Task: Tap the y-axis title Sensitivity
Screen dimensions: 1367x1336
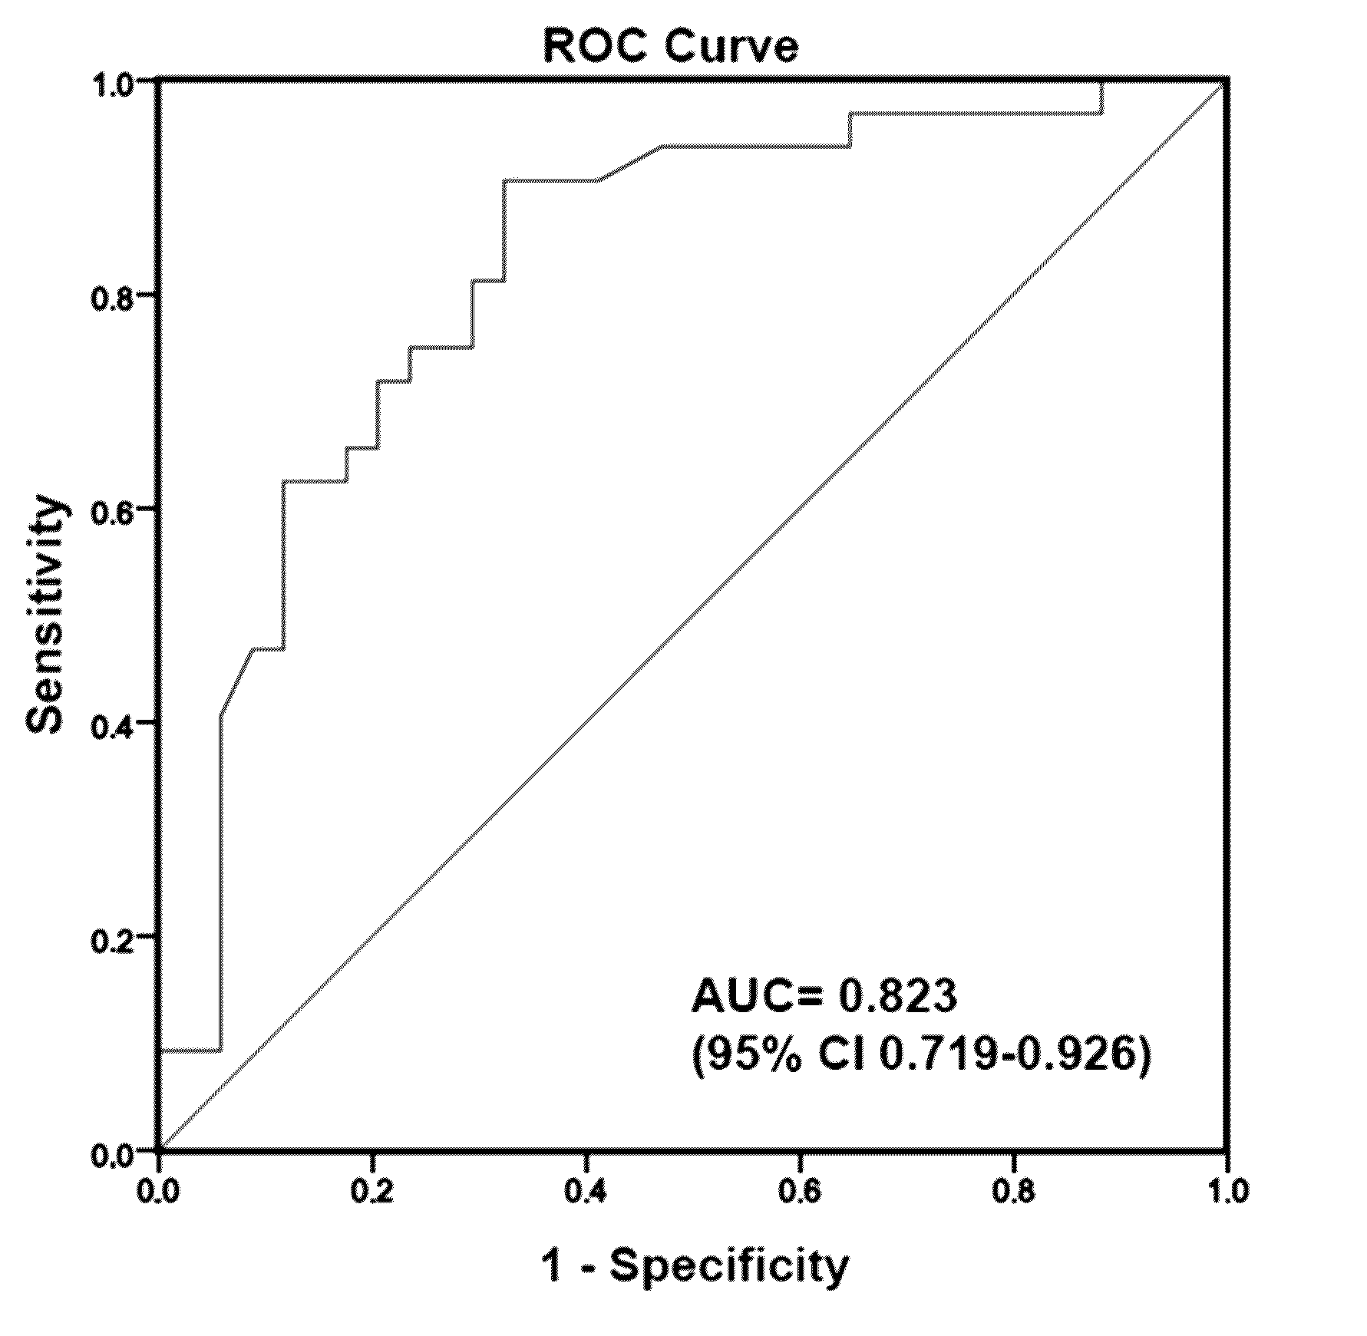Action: pyautogui.click(x=45, y=615)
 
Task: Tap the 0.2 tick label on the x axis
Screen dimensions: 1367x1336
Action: pyautogui.click(x=372, y=1191)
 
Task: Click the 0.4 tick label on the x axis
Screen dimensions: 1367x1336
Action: pyautogui.click(x=586, y=1191)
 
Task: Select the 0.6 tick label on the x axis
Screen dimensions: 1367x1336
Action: pyautogui.click(x=800, y=1191)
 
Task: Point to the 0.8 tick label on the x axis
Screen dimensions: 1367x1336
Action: pyautogui.click(x=1013, y=1191)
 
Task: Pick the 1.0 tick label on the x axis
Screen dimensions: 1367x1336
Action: pyautogui.click(x=1227, y=1191)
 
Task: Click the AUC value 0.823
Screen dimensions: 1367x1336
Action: pyautogui.click(x=896, y=996)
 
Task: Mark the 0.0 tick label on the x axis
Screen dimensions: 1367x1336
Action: pyautogui.click(x=158, y=1191)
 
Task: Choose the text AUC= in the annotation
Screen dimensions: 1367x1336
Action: pyautogui.click(x=757, y=996)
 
